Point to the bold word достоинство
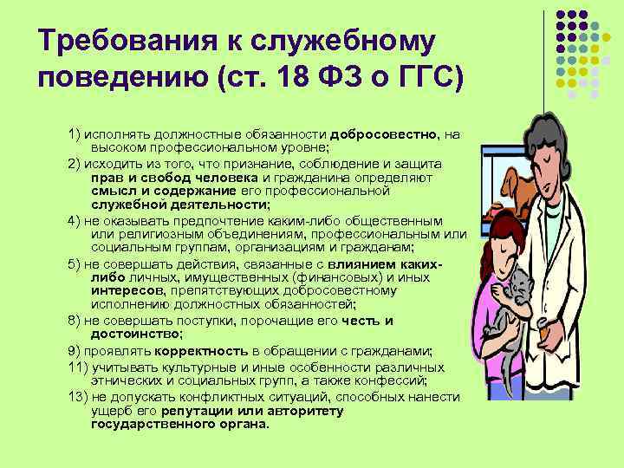coord(135,333)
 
